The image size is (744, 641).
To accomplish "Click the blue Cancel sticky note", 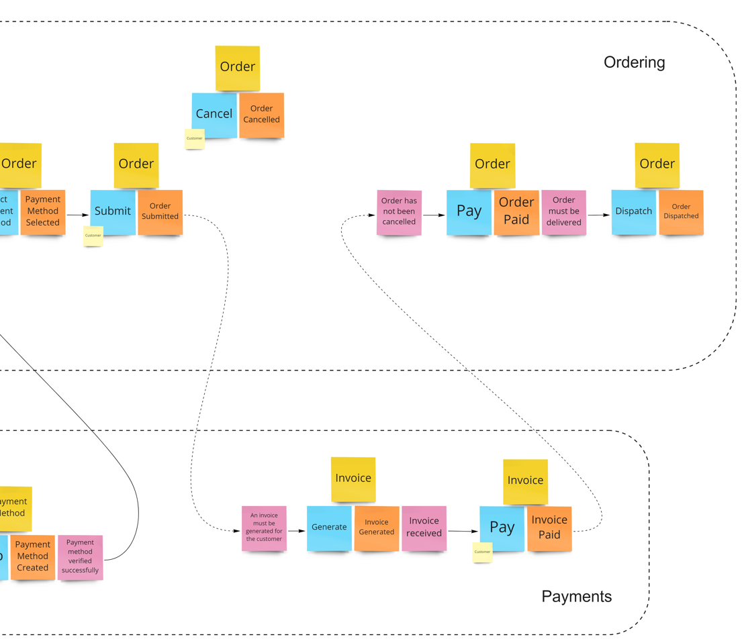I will pos(214,115).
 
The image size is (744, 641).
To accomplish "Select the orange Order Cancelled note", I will pos(261,115).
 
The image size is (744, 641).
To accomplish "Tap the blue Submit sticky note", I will pos(113,211).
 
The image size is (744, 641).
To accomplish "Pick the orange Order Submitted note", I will pos(160,211).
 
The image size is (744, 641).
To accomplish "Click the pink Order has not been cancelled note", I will pos(399,212).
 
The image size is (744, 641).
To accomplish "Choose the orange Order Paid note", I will pos(516,211).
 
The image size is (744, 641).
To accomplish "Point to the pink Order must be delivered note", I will pos(563,211).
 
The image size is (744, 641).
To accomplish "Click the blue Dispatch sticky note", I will pos(633,211).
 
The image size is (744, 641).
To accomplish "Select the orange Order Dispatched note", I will pos(681,211).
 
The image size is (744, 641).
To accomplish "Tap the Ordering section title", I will pos(634,62).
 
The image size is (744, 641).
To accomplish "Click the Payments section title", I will pos(576,596).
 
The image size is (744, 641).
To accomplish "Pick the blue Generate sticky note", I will pos(329,528).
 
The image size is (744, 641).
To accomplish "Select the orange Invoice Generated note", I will pos(376,528).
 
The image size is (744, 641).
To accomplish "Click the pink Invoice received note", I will pos(424,528).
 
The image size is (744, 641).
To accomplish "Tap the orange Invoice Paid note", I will pos(549,528).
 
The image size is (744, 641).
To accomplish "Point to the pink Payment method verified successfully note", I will pos(80,556).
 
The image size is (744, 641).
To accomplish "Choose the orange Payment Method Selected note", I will pos(43,211).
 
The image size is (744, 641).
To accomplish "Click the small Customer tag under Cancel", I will pos(194,138).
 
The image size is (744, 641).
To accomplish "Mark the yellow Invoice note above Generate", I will pos(353,479).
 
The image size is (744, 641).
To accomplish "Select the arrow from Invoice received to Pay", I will pos(463,531).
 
